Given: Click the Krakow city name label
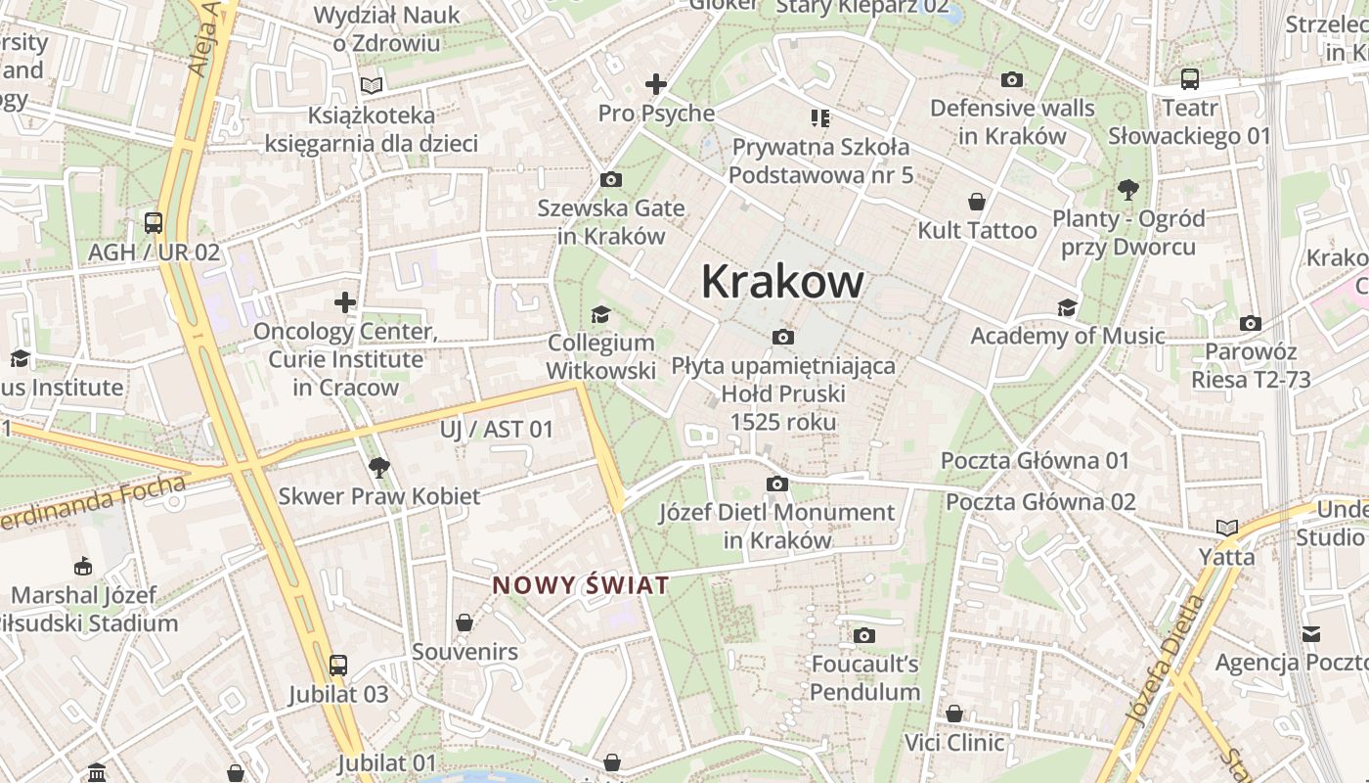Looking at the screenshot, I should (x=782, y=282).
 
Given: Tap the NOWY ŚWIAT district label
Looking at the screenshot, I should (x=581, y=585).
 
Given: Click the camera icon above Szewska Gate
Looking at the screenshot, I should (x=611, y=179).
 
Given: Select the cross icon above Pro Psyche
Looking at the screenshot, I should (x=655, y=84).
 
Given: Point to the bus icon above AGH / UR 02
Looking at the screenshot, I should (x=154, y=222).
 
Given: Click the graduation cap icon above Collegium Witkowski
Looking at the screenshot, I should (x=599, y=314).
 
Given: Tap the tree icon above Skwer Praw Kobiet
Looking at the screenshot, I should (x=379, y=467).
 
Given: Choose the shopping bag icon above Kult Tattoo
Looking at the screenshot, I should (x=976, y=203).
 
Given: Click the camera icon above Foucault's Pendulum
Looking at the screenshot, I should (x=863, y=635).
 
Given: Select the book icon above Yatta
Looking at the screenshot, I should (x=1226, y=528).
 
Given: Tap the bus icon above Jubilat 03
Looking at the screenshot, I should (x=337, y=666).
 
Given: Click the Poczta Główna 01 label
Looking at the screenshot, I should (x=1035, y=460).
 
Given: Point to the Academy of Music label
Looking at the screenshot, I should (x=1067, y=336).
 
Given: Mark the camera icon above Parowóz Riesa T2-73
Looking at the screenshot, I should (x=1250, y=323).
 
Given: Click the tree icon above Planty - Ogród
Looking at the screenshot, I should (x=1127, y=189).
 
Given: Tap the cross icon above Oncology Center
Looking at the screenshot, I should (x=345, y=301).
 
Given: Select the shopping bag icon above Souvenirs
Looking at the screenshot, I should (x=464, y=622).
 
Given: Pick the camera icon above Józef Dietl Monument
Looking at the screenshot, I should (x=777, y=484).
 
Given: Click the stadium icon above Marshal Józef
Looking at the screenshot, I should (x=83, y=566).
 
